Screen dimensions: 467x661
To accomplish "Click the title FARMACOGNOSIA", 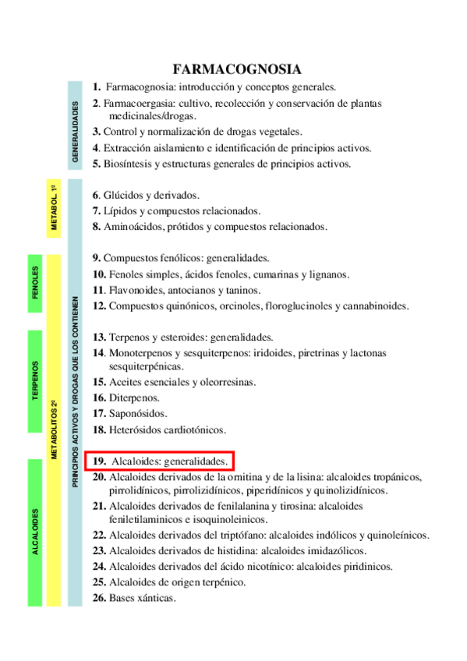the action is pos(237,69).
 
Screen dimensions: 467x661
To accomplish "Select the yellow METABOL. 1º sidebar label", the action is pos(54,207).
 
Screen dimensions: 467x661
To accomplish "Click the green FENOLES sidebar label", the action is pos(36,284).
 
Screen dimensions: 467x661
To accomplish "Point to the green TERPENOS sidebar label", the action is pos(36,381).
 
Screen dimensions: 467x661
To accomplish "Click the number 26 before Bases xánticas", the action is pos(99,599).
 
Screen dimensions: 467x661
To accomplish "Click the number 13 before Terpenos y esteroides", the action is pos(98,338).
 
